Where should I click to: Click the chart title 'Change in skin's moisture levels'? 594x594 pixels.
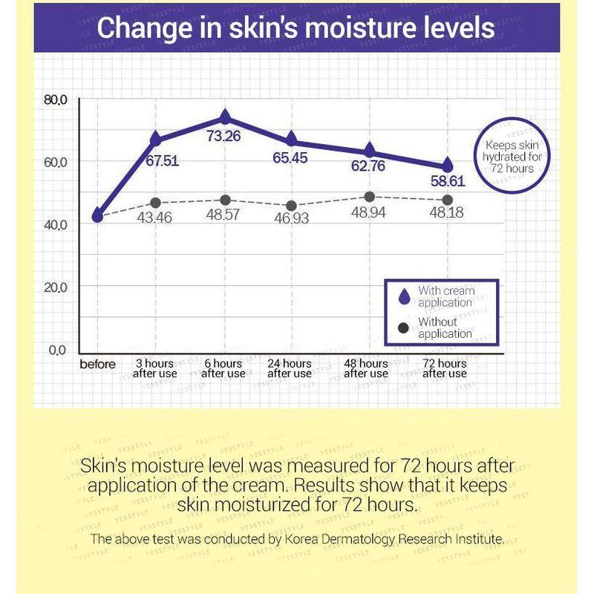pos(296,28)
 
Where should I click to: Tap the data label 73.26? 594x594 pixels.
pos(225,136)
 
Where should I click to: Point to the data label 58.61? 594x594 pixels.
pos(447,180)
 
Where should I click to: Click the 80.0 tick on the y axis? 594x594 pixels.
pos(56,99)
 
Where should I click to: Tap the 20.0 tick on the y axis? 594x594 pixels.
pos(56,287)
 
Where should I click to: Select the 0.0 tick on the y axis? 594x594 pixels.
pos(57,349)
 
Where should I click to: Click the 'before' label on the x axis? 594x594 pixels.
pos(98,364)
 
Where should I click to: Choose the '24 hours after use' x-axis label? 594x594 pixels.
pos(290,368)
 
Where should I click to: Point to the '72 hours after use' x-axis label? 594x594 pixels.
pos(445,368)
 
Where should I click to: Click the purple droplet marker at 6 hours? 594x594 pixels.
pos(225,117)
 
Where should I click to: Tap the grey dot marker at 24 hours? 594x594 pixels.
pos(291,206)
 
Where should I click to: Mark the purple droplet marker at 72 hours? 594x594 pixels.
pos(447,165)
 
